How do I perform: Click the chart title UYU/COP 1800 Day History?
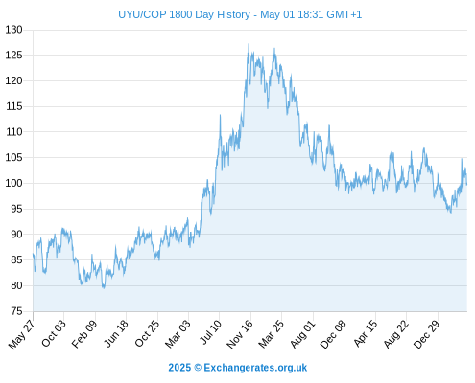coord(184,14)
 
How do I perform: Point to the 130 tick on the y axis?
coord(14,30)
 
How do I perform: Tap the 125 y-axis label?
coord(14,56)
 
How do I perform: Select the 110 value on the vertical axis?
coord(14,132)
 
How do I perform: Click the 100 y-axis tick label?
coord(14,183)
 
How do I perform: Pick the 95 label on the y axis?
coord(16,209)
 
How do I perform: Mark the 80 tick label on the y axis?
coord(16,285)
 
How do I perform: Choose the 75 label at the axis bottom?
coord(16,311)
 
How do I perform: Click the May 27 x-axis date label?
coord(21,334)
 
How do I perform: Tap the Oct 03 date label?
coord(54,333)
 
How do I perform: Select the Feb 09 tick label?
coord(83,333)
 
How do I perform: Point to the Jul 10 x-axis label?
coord(210,332)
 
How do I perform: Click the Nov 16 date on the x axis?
coord(240,334)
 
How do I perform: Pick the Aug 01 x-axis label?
coord(302,333)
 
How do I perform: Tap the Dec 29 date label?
coord(427,334)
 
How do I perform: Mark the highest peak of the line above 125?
coord(249,44)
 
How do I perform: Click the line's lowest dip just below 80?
coord(104,288)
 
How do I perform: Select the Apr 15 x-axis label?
coord(366,333)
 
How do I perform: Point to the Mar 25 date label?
coord(271,333)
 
